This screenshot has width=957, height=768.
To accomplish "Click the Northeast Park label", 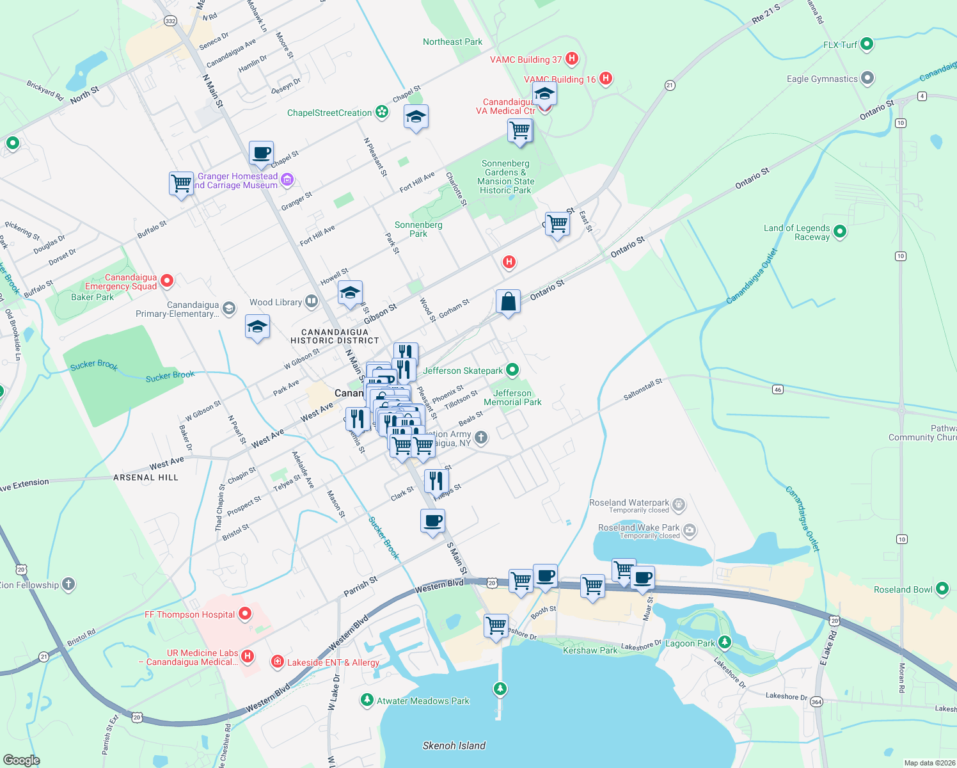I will point(452,42).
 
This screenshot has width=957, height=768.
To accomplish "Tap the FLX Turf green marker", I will point(867,44).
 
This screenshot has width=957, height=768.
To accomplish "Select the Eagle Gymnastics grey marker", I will point(867,79).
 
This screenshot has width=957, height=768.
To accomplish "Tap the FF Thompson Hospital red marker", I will point(245,614).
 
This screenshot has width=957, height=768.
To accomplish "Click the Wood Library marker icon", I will point(311,301).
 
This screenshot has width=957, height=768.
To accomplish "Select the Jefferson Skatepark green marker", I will point(512,370).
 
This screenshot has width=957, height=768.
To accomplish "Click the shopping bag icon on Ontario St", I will point(508,302).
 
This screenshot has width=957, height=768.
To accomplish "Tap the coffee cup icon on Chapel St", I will point(261,154).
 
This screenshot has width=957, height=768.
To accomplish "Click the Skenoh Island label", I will point(454,746).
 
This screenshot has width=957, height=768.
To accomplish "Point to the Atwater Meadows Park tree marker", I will point(367,700).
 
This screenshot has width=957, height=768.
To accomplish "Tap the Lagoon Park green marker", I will point(724,642).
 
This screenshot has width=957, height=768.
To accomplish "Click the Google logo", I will point(21,760).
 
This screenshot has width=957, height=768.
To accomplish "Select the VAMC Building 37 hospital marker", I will point(572,59).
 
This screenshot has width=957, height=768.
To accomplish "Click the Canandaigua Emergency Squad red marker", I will point(167,280).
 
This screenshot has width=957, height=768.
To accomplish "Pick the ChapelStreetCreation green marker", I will point(382,112).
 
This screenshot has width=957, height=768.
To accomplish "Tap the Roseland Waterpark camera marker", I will point(690,529).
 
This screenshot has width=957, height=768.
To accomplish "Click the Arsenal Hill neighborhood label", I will point(146,477).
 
